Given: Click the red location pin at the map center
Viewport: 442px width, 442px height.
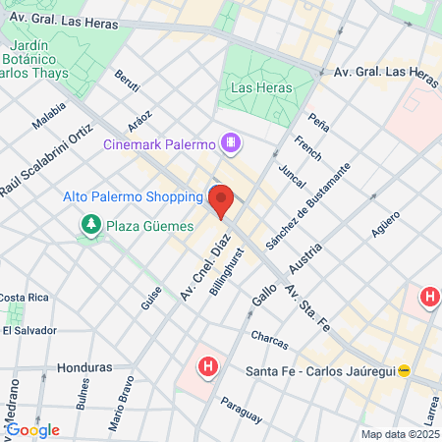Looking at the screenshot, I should click(x=221, y=200).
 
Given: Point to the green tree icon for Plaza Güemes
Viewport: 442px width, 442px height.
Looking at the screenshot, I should click(x=91, y=226).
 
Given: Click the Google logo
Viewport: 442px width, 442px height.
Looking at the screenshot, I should click(x=31, y=429).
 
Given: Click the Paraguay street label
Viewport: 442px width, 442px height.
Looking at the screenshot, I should click(x=242, y=411).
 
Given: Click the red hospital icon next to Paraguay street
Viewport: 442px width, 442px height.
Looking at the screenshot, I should click(x=207, y=368).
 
